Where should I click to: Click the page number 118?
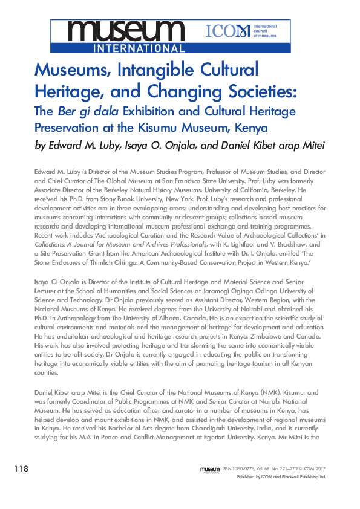20,469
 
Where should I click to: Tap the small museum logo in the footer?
209,469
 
